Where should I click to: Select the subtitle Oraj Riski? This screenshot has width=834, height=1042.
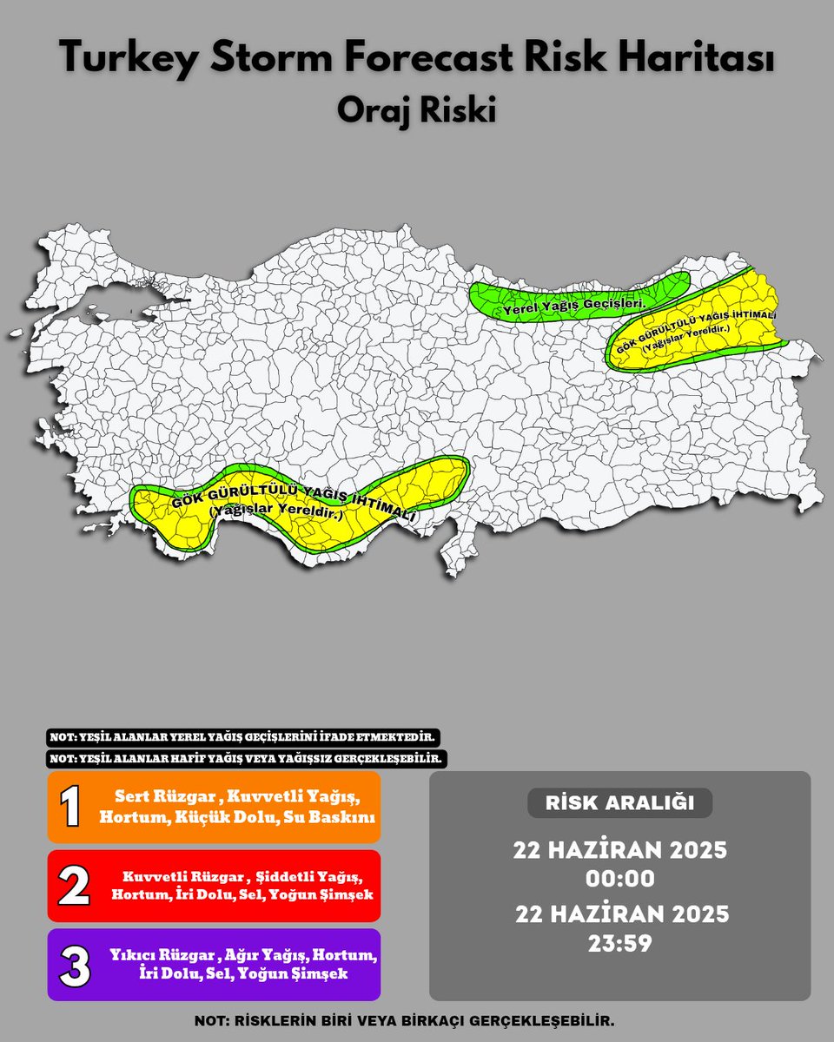[416, 111]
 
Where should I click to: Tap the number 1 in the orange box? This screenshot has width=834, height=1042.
[71, 807]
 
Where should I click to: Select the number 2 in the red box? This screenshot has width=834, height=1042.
[73, 886]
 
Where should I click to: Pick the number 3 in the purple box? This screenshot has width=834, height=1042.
[74, 965]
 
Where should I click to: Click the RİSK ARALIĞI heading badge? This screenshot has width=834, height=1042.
[619, 803]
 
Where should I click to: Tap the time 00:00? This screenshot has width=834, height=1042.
[619, 879]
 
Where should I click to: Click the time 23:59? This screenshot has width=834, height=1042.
[619, 944]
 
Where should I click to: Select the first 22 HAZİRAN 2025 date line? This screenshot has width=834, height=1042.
[619, 849]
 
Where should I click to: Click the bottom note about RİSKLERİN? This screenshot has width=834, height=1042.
[416, 1021]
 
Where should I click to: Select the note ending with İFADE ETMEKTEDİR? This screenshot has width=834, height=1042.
[242, 737]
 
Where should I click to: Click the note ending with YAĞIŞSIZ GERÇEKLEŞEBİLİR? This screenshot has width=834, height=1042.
[248, 758]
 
